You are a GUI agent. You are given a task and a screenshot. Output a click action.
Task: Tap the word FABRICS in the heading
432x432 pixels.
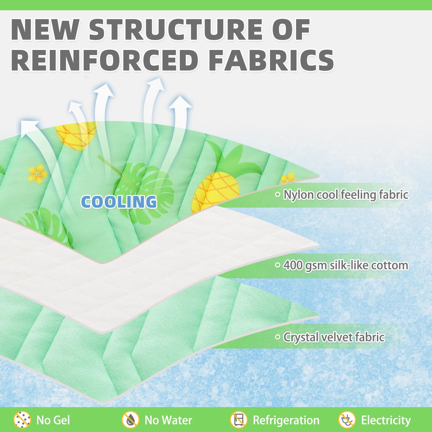271,60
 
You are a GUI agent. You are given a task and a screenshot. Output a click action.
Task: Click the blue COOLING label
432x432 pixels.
119,202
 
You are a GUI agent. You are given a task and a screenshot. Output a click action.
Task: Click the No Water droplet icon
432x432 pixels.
130,420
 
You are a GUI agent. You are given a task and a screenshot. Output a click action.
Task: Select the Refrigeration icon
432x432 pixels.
238,420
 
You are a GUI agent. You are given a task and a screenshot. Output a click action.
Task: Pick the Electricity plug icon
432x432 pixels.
347,420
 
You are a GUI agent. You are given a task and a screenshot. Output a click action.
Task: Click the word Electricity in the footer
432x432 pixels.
386,420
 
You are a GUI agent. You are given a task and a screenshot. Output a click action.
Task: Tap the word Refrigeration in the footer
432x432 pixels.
286,420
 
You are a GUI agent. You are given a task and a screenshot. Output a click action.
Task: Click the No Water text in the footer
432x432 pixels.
168,420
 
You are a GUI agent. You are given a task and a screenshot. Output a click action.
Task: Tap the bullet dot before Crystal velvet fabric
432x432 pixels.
278,337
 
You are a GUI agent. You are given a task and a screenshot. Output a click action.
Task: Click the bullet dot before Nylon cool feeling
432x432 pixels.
278,195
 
